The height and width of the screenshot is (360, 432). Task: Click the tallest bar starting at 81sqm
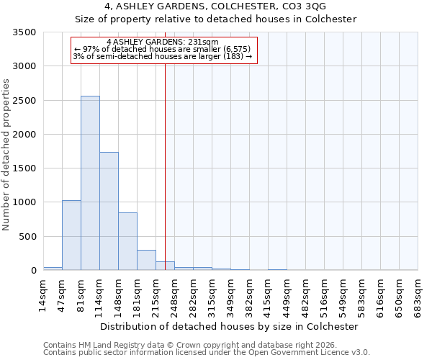tap(90, 183)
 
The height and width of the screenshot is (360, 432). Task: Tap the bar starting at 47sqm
tap(71, 235)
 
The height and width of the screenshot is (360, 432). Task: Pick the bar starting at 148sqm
tap(127, 241)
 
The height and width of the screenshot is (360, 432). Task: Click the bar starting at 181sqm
tap(146, 260)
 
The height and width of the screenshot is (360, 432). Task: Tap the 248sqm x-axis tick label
tap(175, 295)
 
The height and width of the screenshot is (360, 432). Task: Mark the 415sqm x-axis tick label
tap(269, 295)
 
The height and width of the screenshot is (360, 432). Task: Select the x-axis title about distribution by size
tap(229, 326)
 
